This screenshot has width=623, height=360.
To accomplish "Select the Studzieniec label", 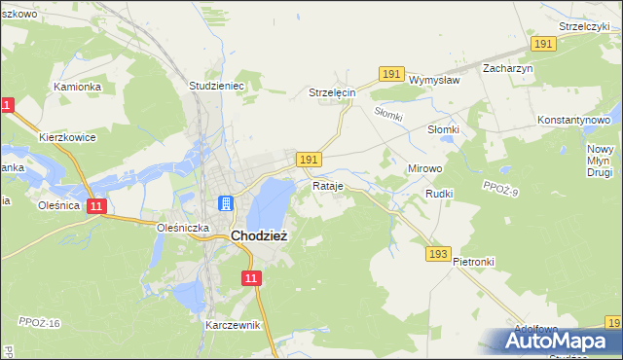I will coord(215,86).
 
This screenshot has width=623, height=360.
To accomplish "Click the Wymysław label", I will coord(434,80).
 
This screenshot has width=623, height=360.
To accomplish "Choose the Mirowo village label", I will coord(424,168).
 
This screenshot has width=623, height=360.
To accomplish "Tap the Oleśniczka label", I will coord(178,227).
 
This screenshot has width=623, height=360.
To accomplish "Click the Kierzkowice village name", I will coord(67,137).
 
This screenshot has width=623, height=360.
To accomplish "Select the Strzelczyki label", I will coord(584,26).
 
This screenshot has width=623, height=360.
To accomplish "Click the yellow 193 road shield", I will coord(437,253).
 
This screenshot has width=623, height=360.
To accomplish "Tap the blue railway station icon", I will coord(226,203).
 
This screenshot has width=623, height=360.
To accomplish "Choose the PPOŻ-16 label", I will coord(40,322).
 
